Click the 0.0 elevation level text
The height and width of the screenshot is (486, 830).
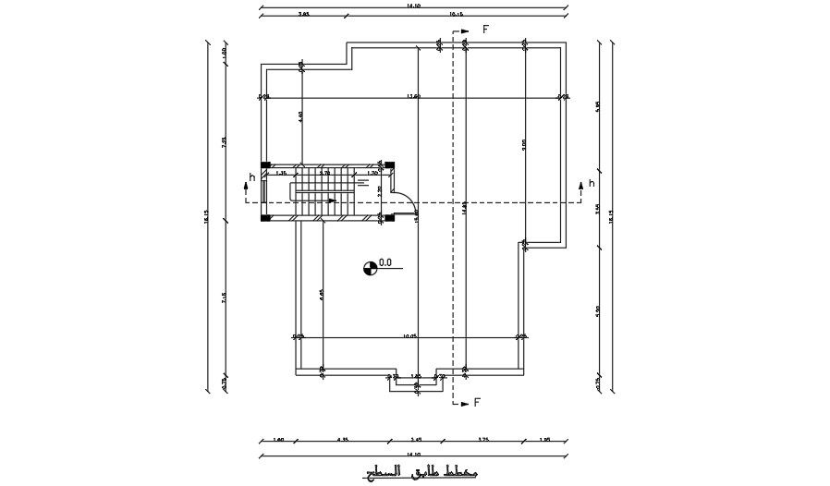[x=385, y=263]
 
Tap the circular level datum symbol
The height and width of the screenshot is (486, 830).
[x=370, y=268]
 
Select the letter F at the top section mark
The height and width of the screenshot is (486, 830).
[x=484, y=30]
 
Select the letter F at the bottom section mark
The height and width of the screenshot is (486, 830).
[x=477, y=403]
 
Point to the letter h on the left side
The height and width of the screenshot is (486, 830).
[x=250, y=177]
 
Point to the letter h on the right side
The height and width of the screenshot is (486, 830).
[x=592, y=184]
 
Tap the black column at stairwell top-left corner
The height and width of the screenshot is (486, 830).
[x=265, y=166]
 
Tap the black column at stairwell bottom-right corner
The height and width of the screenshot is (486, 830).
[x=389, y=218]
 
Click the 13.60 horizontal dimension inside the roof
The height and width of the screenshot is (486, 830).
[x=413, y=96]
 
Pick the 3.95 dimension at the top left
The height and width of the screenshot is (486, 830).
[x=303, y=16]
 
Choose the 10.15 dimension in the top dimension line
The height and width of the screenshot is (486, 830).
[x=455, y=16]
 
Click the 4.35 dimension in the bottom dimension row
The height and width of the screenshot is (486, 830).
[x=341, y=440]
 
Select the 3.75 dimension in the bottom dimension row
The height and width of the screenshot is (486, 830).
[x=483, y=440]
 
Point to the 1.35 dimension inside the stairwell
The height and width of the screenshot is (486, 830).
[x=281, y=173]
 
